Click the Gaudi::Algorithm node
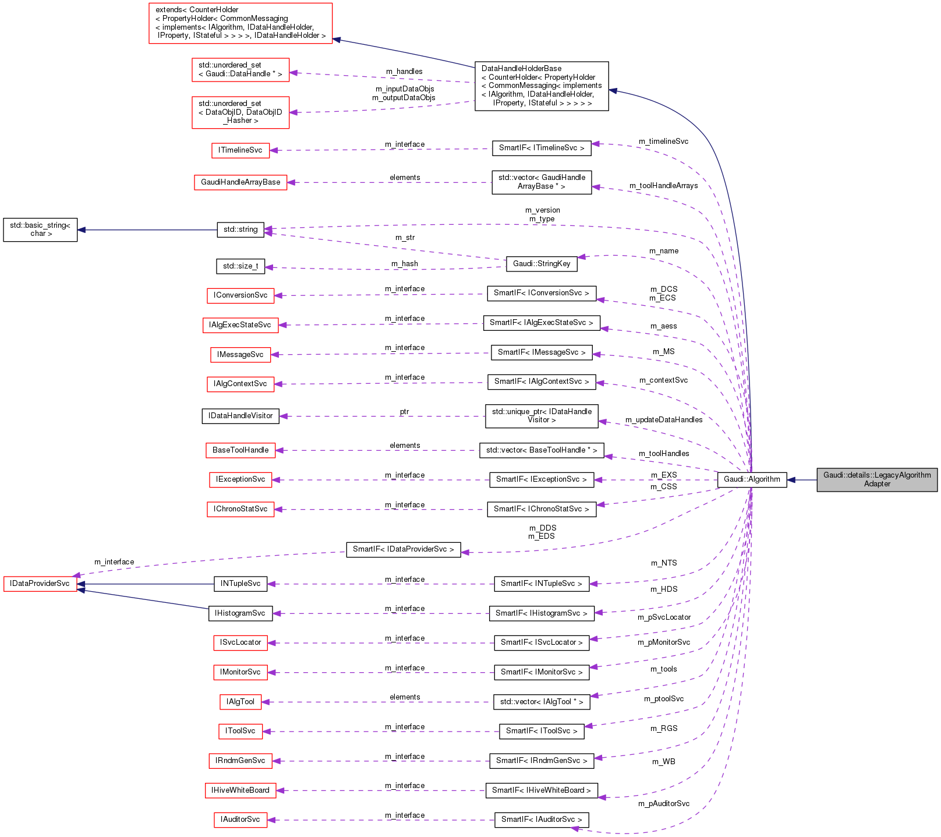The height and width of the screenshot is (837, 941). [751, 479]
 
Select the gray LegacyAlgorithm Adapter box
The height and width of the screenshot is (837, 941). [877, 479]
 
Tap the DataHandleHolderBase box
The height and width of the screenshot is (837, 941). [542, 86]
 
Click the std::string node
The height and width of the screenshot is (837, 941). [240, 229]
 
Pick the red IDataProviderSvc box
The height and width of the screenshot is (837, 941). [40, 584]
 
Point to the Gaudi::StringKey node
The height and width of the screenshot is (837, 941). [542, 264]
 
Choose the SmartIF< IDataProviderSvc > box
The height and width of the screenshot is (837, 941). [403, 549]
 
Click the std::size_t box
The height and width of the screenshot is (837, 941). [240, 266]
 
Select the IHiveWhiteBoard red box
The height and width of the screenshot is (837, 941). [240, 790]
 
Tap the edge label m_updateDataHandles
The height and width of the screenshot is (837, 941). [664, 420]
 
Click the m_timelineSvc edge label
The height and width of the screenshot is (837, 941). [663, 142]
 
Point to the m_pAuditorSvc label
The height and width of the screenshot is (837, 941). [664, 804]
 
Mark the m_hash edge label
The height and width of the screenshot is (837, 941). [405, 264]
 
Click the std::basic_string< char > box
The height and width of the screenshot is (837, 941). [40, 229]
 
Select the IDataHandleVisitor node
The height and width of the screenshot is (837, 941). [240, 416]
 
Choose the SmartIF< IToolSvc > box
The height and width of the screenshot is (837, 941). [542, 731]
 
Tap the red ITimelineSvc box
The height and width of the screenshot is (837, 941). [240, 150]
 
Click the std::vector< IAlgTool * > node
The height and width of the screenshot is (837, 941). [542, 702]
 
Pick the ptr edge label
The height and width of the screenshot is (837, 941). [404, 412]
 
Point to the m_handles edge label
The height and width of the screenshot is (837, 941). [404, 72]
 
